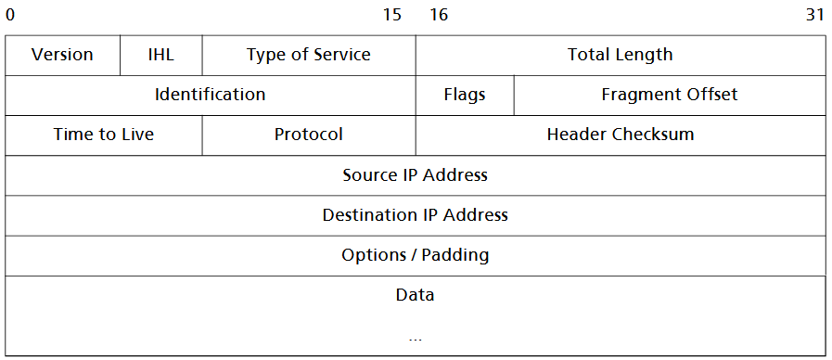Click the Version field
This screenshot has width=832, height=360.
click(62, 55)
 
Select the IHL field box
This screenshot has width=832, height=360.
click(160, 55)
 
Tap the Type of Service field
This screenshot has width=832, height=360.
click(308, 55)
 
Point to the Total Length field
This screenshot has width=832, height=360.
click(620, 55)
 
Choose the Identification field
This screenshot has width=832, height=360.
click(210, 95)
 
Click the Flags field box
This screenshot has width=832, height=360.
click(464, 95)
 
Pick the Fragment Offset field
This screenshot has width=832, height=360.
click(669, 95)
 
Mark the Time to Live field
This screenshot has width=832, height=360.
click(104, 135)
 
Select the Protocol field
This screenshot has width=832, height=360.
click(308, 135)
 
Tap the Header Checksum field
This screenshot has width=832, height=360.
click(620, 135)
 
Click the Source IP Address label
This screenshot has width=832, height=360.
click(415, 174)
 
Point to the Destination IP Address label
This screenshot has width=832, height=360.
click(415, 214)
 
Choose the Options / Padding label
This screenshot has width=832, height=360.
click(415, 254)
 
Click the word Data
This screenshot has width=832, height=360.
click(415, 295)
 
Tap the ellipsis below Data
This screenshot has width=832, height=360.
click(415, 338)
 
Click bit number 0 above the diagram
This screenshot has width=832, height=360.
click(10, 15)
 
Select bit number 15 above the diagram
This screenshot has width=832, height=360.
click(392, 15)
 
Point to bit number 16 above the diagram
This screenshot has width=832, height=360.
click(439, 15)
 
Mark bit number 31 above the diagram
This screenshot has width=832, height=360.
click(815, 15)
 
